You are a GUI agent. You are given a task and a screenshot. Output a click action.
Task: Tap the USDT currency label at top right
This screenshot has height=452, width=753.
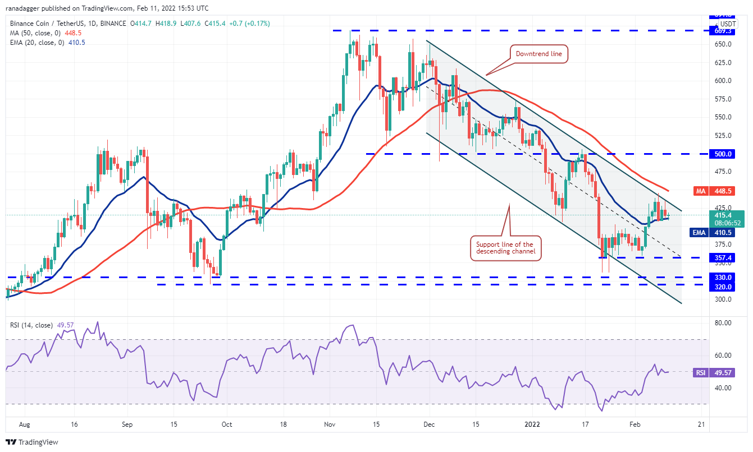click(x=728, y=24)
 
